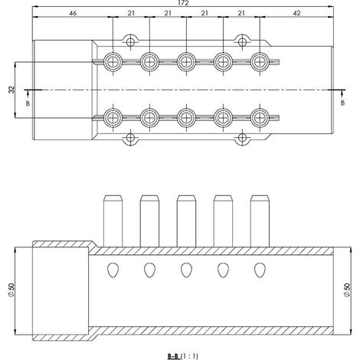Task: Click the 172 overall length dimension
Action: [x=183, y=3]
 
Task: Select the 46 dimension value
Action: [x=73, y=13]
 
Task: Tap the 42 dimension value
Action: [x=296, y=13]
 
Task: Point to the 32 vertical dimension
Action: [x=11, y=90]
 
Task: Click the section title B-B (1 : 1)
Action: [x=183, y=356]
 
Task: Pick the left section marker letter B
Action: [x=28, y=103]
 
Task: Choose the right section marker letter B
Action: [x=342, y=103]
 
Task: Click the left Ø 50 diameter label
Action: [x=11, y=290]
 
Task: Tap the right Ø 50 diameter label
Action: [x=347, y=290]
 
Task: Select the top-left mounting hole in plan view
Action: [x=130, y=41]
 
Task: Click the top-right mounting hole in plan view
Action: [x=242, y=41]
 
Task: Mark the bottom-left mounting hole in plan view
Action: [x=130, y=138]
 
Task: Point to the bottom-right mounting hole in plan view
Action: [x=242, y=138]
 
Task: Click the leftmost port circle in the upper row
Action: [x=113, y=62]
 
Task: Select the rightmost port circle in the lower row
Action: [x=260, y=118]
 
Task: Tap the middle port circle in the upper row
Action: [x=186, y=62]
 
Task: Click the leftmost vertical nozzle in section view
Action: [x=113, y=221]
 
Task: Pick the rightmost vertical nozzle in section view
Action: [x=260, y=221]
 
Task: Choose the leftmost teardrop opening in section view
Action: [x=113, y=270]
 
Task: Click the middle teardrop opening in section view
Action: [x=186, y=270]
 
